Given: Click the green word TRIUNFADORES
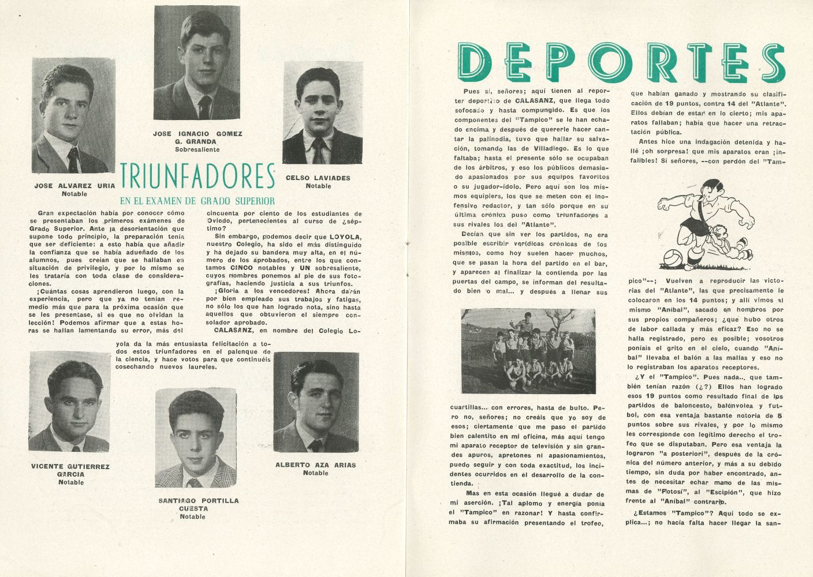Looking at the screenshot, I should pyautogui.click(x=197, y=176).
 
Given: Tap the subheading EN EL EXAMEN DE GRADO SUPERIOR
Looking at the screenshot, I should pyautogui.click(x=197, y=201).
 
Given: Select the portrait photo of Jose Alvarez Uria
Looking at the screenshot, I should pyautogui.click(x=73, y=115).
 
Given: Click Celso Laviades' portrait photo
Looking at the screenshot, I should pyautogui.click(x=323, y=114).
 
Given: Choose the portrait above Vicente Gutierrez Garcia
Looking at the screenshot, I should pyautogui.click(x=69, y=401).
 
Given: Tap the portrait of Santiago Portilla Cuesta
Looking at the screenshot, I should pyautogui.click(x=195, y=439).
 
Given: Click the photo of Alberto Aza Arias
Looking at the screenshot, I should pyautogui.click(x=316, y=402).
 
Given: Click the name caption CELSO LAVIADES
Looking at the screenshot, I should pyautogui.click(x=318, y=178).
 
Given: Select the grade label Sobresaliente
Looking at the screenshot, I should pyautogui.click(x=197, y=149).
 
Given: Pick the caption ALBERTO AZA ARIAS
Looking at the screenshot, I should pyautogui.click(x=315, y=464).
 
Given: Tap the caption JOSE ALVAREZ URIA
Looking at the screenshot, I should pyautogui.click(x=74, y=186).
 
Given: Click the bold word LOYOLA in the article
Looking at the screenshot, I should pyautogui.click(x=345, y=237).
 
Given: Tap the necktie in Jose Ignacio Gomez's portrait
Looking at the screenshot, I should pyautogui.click(x=204, y=107).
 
